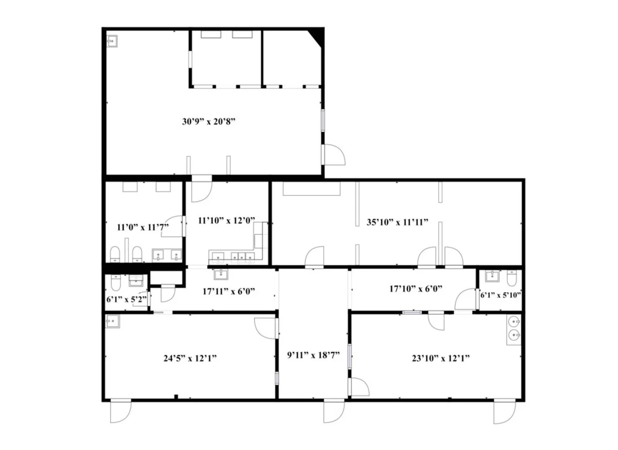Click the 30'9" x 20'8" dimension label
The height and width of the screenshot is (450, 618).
(x=208, y=122)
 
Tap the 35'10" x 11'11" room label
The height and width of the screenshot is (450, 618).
(x=397, y=222)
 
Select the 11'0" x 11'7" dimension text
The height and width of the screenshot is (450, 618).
(x=143, y=227)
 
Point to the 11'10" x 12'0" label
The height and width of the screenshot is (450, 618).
(x=226, y=220)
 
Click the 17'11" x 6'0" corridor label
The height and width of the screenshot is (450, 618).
(x=229, y=291)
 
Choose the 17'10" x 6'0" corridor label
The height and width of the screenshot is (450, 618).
(x=416, y=289)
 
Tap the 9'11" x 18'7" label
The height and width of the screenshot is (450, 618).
(x=313, y=355)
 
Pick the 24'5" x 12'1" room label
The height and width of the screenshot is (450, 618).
(x=190, y=358)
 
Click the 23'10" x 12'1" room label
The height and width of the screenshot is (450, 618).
(x=441, y=358)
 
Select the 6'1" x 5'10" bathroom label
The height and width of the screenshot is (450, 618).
(x=501, y=295)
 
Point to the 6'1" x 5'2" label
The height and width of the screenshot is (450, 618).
(x=127, y=299)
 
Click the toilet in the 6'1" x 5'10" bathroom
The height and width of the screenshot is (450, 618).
(x=512, y=278)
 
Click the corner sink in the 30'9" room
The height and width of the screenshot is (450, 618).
(x=112, y=41)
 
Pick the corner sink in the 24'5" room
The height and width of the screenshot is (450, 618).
(x=113, y=321)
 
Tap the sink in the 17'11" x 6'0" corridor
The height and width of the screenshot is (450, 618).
(x=221, y=275)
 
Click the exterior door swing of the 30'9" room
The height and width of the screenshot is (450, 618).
(x=335, y=155)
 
